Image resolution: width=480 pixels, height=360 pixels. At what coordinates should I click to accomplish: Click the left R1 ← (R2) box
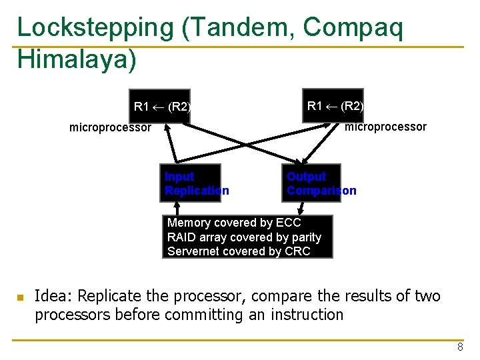(162, 107)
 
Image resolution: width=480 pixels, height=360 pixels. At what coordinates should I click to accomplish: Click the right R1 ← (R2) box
(334, 105)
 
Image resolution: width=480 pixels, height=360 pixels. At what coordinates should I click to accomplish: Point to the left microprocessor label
(111, 127)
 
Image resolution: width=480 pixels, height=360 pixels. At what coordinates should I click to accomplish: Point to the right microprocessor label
(386, 127)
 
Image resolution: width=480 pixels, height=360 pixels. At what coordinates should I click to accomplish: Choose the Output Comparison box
(311, 183)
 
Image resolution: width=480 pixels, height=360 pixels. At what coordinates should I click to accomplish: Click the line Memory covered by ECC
(234, 223)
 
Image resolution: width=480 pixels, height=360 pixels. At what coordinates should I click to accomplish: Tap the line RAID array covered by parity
(244, 237)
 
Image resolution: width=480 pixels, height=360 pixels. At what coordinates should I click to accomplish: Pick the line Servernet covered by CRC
(239, 251)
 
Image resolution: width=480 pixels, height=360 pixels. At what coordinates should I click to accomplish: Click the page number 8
(460, 347)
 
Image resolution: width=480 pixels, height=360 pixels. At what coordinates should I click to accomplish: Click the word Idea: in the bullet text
(53, 295)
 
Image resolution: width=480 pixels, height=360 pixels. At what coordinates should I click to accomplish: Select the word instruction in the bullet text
(307, 314)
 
